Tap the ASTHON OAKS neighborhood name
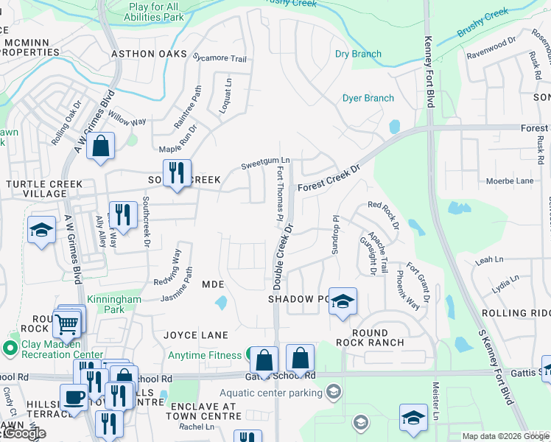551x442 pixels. click(x=150, y=54)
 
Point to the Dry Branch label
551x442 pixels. click(x=358, y=54)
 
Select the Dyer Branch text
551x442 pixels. click(x=368, y=98)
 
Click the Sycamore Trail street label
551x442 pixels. click(x=218, y=58)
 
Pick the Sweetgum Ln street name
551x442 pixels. click(x=266, y=161)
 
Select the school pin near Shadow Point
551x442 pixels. click(x=342, y=302)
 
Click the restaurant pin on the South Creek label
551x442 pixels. click(x=177, y=175)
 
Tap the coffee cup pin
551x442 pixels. click(x=74, y=398)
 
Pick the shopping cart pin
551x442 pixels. click(x=66, y=323)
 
